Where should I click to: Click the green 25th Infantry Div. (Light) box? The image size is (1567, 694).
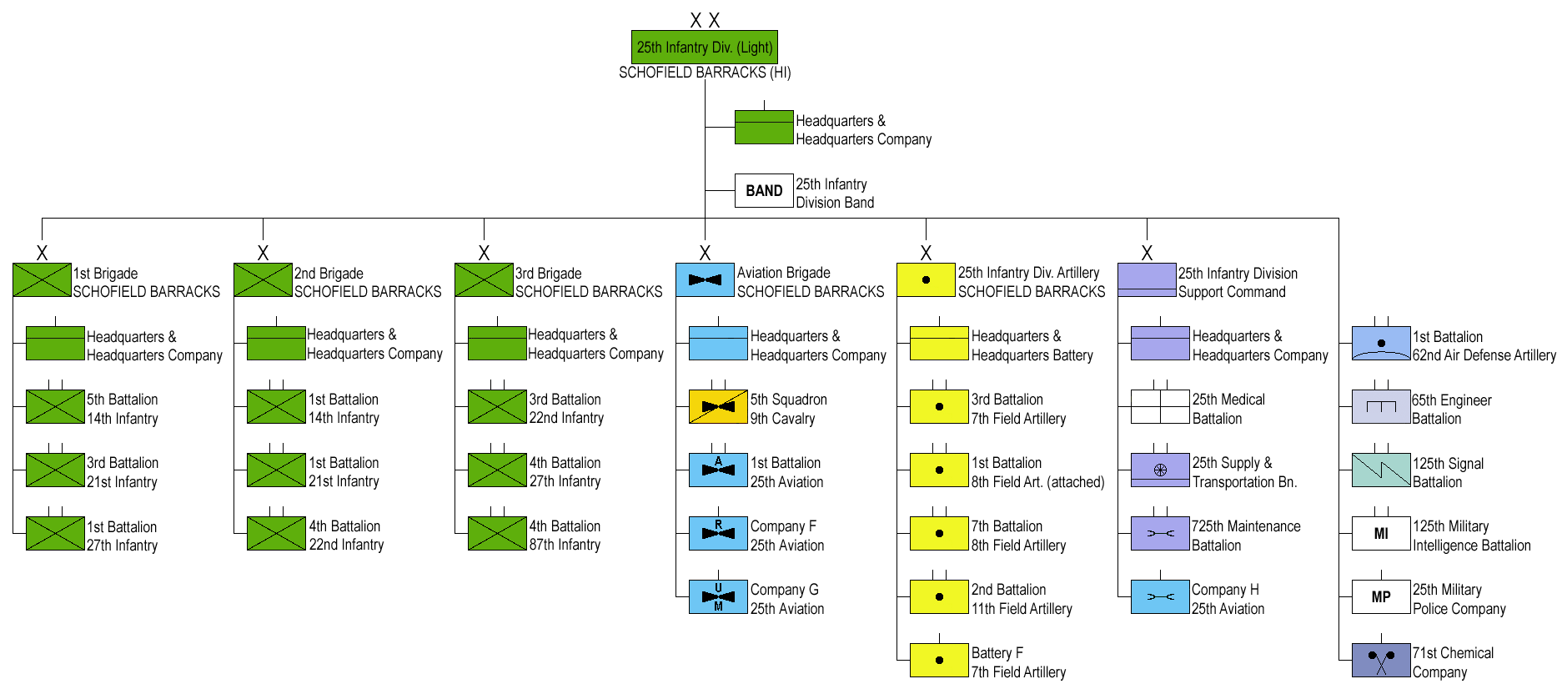[705, 48]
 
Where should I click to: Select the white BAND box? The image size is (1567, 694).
[764, 191]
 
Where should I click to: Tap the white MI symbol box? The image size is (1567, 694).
[1381, 534]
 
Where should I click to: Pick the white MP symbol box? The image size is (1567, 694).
[1381, 597]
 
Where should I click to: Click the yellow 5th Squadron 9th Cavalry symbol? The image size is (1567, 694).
[718, 407]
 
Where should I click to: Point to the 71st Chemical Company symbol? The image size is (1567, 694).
[1381, 661]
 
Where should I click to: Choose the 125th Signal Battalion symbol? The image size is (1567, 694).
[1381, 470]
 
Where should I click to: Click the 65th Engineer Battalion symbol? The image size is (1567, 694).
[1381, 407]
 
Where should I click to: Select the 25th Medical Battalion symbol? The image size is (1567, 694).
[1160, 407]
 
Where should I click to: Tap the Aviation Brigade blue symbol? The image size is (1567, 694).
[705, 280]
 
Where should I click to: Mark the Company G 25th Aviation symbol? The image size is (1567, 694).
[718, 597]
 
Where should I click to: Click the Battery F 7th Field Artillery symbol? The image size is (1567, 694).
[939, 661]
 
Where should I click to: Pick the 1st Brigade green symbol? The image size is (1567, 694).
[42, 280]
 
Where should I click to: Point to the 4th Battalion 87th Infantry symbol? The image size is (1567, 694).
[497, 534]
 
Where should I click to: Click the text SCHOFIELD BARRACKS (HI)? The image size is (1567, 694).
[705, 73]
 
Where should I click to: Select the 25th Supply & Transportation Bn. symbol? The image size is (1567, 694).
[1160, 470]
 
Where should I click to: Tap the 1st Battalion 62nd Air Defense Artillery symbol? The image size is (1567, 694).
[1381, 343]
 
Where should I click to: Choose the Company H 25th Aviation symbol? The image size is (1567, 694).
[1160, 597]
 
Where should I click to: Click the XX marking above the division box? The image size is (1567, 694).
[705, 21]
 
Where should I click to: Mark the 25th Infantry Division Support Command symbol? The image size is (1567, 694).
[1147, 280]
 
